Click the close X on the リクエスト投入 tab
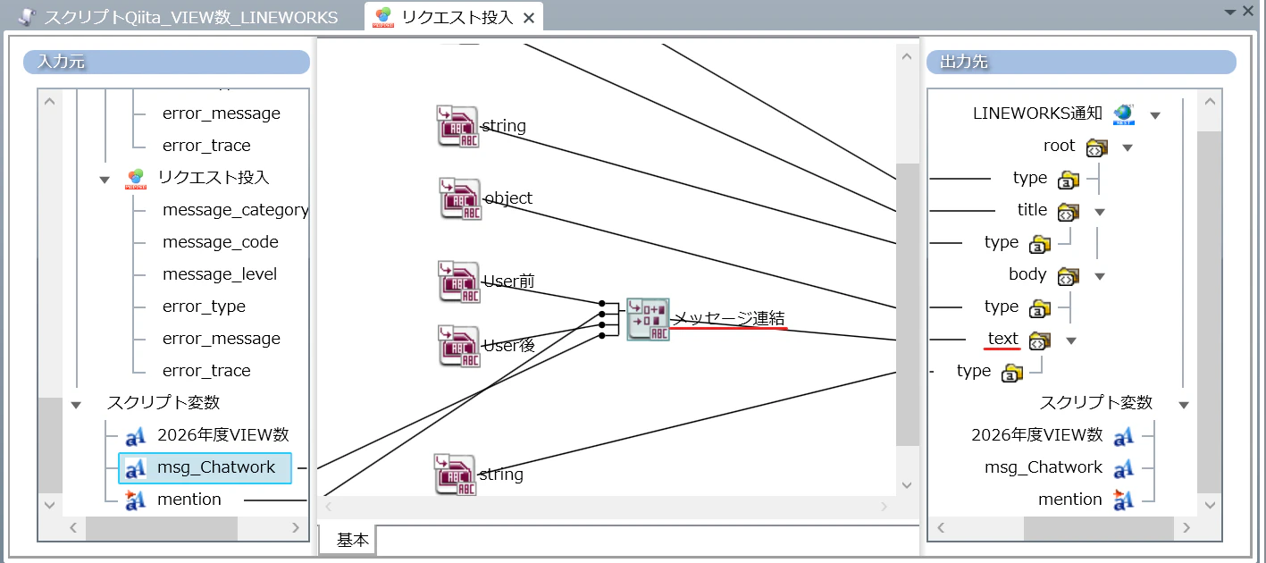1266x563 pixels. [x=528, y=18]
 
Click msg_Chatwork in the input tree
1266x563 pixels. [x=216, y=467]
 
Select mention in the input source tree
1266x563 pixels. [x=189, y=500]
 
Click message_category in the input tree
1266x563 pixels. [x=236, y=210]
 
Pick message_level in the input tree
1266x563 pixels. [x=219, y=274]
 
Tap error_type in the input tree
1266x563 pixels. [x=204, y=307]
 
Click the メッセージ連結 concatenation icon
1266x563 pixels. [x=648, y=319]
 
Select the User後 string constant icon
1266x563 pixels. [x=459, y=346]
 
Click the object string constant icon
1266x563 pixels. [x=460, y=198]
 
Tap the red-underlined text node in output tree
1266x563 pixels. [x=1002, y=339]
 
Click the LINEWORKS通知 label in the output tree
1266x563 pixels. [x=1037, y=113]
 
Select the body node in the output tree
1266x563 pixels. [x=1027, y=274]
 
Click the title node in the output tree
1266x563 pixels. [x=1032, y=210]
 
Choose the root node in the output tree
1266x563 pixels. [x=1059, y=146]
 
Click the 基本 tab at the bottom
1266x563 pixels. [x=352, y=540]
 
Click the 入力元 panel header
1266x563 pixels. [x=166, y=62]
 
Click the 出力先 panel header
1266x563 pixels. [x=1081, y=62]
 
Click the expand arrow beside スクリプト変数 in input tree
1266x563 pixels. [x=76, y=405]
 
